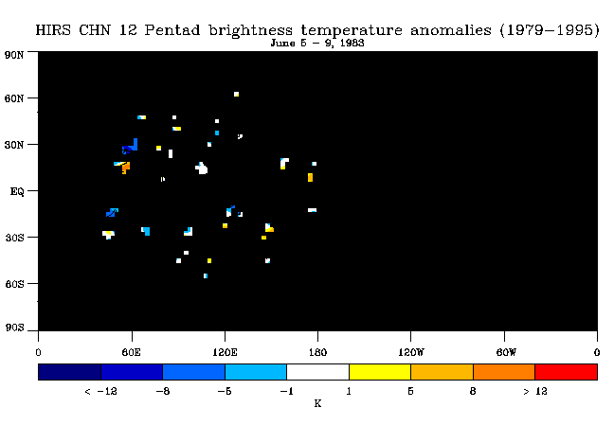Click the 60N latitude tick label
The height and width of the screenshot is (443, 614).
[x=14, y=98]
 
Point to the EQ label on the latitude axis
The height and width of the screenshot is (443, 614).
[x=17, y=192]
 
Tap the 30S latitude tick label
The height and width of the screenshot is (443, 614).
[x=14, y=238]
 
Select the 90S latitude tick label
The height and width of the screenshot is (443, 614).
[x=14, y=328]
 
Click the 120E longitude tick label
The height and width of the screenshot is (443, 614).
[x=225, y=352]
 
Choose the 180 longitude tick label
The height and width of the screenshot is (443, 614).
[x=317, y=352]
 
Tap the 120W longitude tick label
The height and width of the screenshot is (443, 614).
[x=411, y=352]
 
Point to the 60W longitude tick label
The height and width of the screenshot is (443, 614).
[x=506, y=352]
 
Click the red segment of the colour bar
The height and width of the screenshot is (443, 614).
[x=567, y=372]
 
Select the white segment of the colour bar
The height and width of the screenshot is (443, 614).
[x=318, y=372]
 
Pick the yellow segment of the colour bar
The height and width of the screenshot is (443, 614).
[x=380, y=372]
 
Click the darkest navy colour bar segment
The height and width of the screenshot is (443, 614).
[x=70, y=372]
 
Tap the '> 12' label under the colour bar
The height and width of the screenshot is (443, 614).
[x=535, y=391]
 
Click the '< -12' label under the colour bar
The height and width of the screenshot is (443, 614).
[x=100, y=391]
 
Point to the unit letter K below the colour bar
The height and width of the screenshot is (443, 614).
[x=317, y=403]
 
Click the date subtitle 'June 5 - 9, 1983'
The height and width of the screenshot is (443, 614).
[x=317, y=43]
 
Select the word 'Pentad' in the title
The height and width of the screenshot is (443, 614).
[x=172, y=30]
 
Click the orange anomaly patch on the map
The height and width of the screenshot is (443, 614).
[x=126, y=168]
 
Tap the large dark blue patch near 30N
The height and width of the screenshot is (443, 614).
[x=131, y=147]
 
